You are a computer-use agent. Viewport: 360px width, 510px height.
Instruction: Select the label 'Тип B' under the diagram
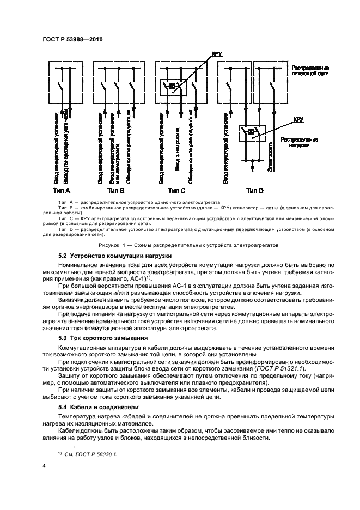point(116,191)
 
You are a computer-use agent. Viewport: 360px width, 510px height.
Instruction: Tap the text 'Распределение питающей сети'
point(310,69)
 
